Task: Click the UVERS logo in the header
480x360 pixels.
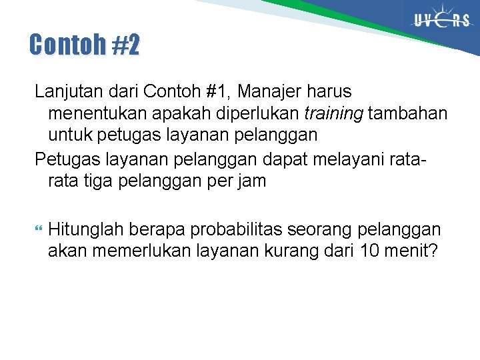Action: point(442,21)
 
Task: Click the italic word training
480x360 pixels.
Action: point(335,113)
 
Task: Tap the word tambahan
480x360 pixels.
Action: point(407,113)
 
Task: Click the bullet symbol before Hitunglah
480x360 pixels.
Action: point(37,230)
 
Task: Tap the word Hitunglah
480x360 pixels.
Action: point(85,229)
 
